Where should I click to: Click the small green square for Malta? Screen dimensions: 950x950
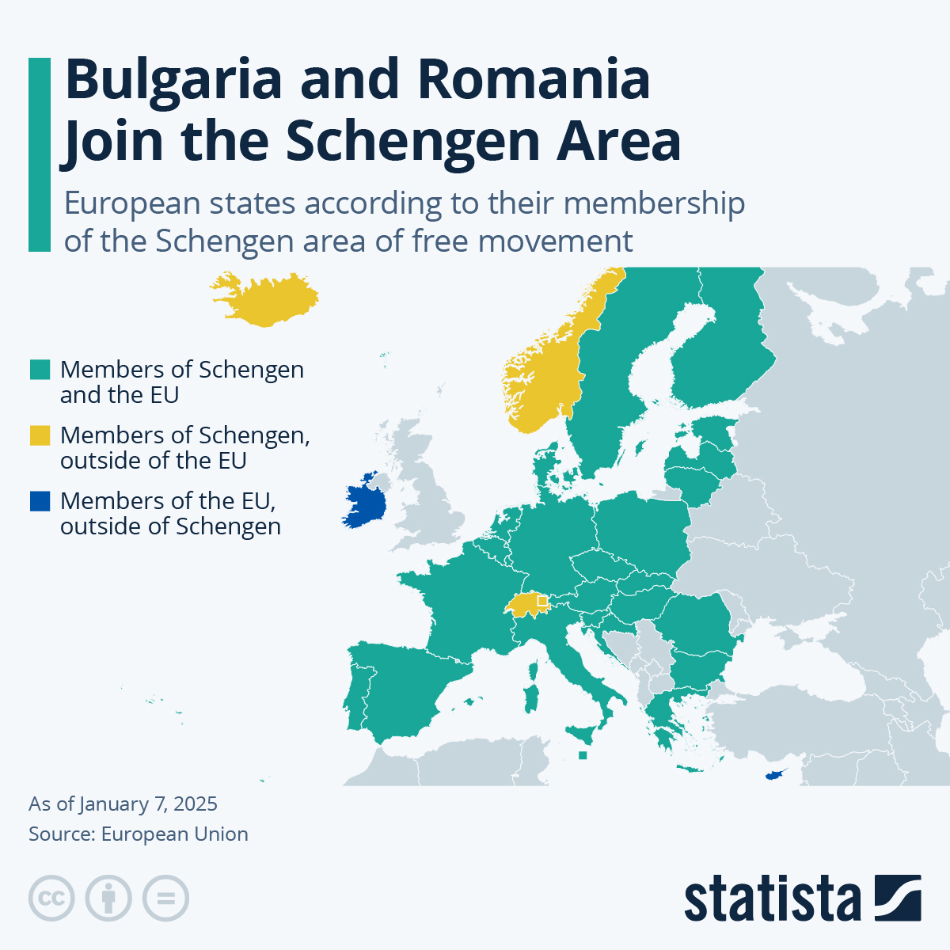[x=583, y=755]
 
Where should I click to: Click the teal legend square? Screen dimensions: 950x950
[x=40, y=370]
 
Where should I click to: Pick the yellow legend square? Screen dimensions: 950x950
[x=40, y=435]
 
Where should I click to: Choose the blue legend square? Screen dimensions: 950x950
[x=40, y=501]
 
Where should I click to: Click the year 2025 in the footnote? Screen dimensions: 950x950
[x=195, y=804]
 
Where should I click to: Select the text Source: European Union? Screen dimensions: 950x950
[x=139, y=834]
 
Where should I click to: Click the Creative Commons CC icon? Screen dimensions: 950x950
[x=51, y=899]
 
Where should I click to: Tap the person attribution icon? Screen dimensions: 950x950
[x=108, y=899]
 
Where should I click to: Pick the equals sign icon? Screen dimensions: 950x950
[x=165, y=899]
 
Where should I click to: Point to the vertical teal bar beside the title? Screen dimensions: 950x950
[x=39, y=154]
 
